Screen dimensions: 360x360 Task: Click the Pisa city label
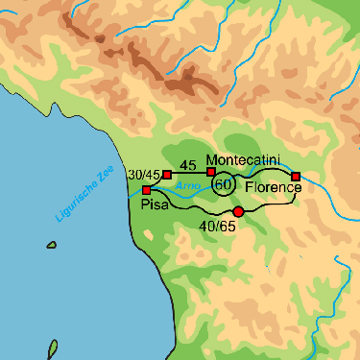156,205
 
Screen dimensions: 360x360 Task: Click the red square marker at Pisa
146,190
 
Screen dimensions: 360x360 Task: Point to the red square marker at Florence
296,176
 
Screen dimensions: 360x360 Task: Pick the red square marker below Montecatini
211,172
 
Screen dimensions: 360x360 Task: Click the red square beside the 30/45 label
167,175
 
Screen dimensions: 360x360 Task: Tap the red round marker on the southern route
238,211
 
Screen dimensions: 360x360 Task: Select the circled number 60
223,183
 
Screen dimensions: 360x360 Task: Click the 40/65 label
217,227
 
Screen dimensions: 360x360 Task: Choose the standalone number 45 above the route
187,164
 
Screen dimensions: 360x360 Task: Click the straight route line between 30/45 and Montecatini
189,174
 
